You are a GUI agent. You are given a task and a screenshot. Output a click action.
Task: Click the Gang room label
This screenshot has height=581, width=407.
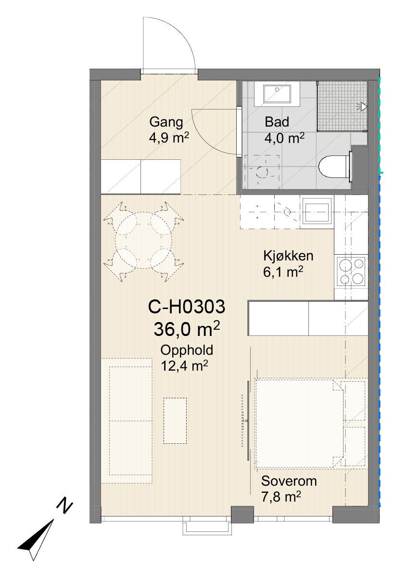[x=166, y=122]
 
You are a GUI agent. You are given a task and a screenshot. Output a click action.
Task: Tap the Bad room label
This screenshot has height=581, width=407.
[x=277, y=122]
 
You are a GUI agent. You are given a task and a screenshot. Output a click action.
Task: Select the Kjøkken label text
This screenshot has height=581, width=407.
[x=288, y=256]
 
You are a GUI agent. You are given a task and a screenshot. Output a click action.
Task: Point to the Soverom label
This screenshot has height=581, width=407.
[x=289, y=481]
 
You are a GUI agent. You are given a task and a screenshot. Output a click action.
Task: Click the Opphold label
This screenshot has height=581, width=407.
[x=187, y=350]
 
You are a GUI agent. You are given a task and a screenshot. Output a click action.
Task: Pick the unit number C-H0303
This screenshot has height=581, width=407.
[x=187, y=307]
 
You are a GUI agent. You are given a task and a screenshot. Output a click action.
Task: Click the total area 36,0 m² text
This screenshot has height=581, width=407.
[x=187, y=329]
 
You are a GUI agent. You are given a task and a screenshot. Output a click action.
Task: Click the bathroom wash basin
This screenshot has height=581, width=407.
[x=277, y=94]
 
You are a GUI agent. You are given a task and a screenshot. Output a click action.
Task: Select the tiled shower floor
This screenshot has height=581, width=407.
[x=342, y=106]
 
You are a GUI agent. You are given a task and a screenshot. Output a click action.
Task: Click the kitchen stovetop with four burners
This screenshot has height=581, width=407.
[x=351, y=271]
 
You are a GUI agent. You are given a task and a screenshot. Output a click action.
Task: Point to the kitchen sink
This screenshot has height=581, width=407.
[x=317, y=210]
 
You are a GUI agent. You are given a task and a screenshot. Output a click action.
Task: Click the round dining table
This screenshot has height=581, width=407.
[x=144, y=241]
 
